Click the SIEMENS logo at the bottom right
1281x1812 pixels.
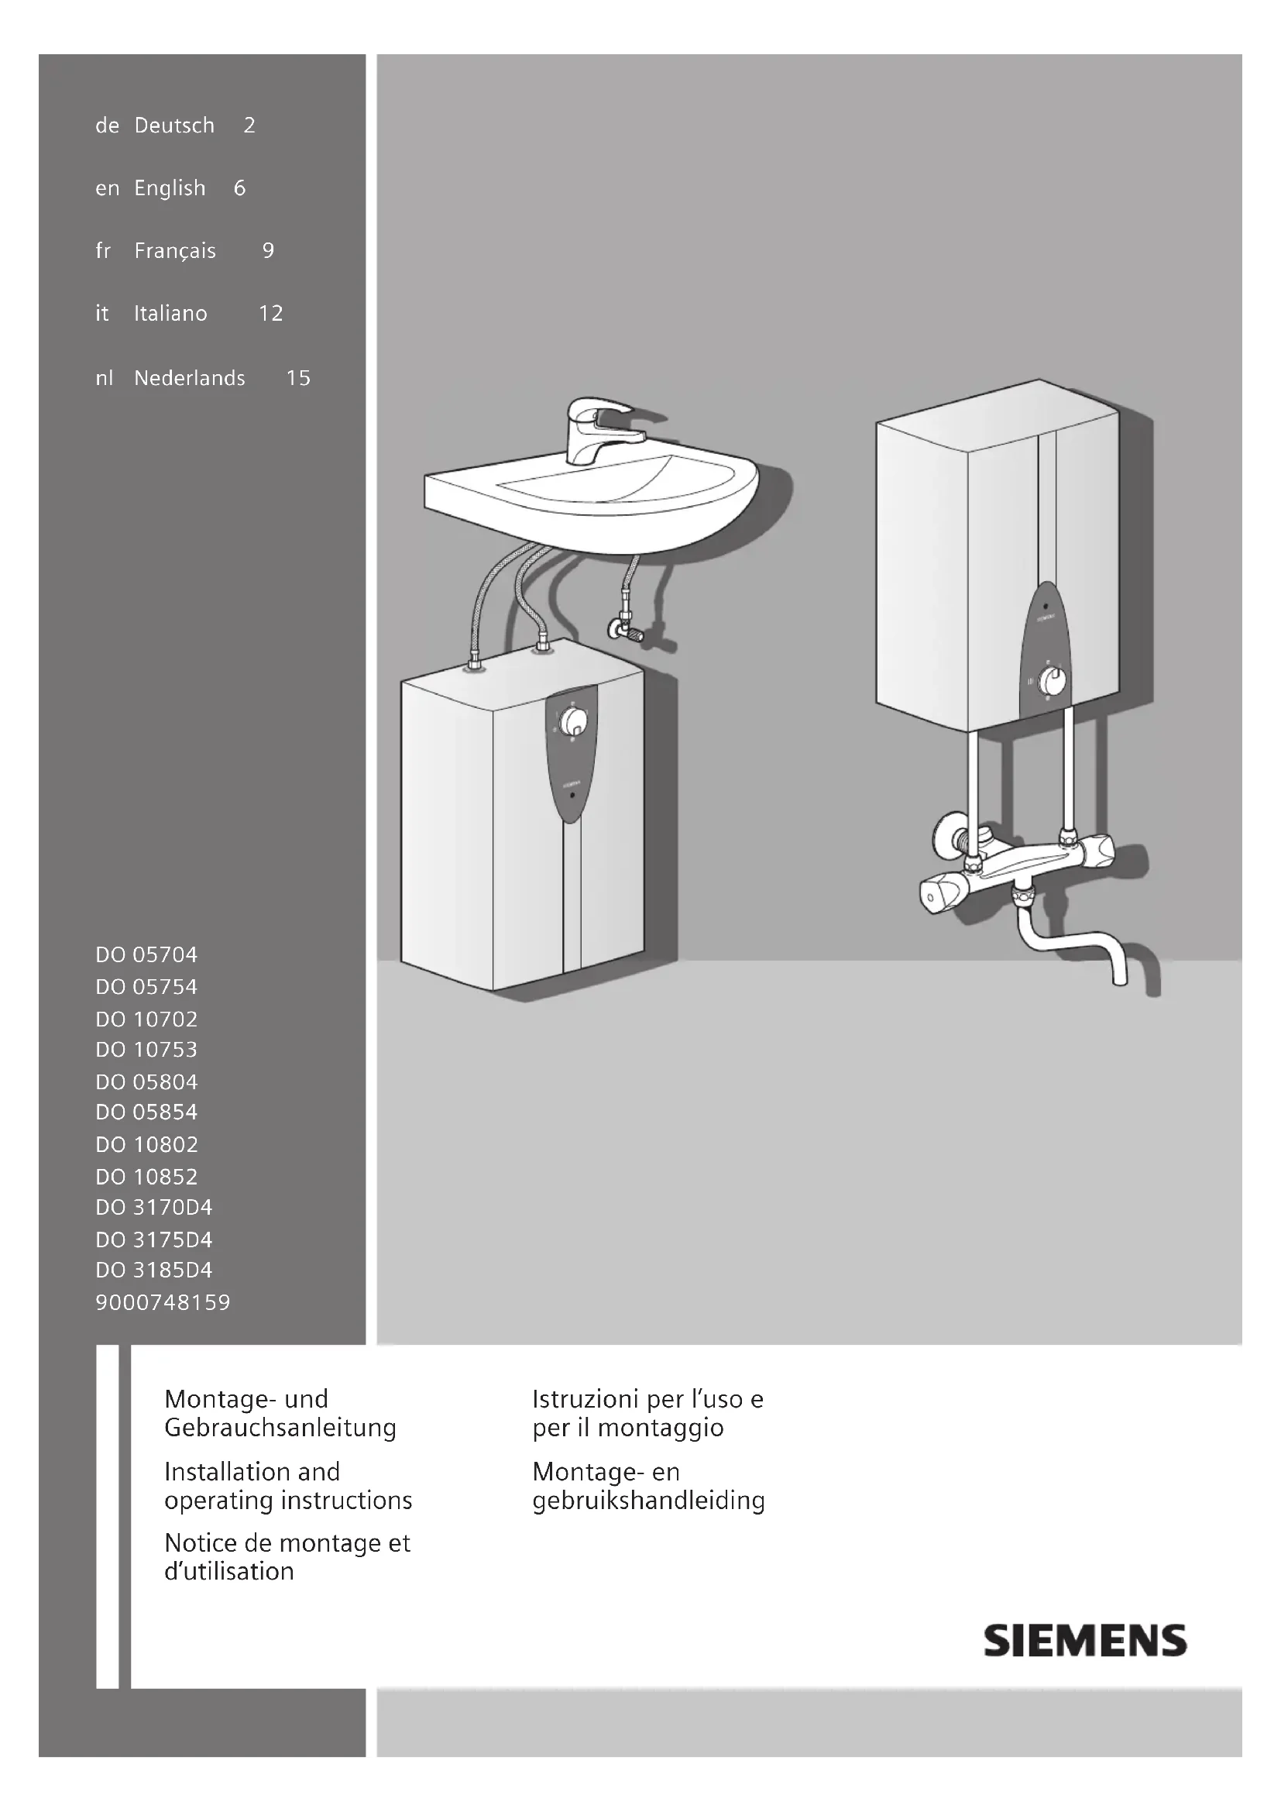[x=1084, y=1640]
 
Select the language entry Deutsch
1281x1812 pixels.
[x=174, y=125]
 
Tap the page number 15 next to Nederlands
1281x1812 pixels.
[x=298, y=378]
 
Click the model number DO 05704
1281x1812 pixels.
[x=146, y=955]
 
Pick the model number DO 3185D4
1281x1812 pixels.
[x=154, y=1270]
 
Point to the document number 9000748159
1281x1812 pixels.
[x=163, y=1302]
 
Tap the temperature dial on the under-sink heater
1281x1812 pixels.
[x=573, y=720]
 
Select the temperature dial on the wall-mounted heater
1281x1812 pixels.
[x=1050, y=679]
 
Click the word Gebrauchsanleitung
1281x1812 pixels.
[x=280, y=1428]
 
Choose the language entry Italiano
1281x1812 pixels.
[x=170, y=313]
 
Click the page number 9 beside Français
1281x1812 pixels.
[x=268, y=251]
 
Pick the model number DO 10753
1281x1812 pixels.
[x=146, y=1050]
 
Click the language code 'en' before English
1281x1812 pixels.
[x=108, y=188]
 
